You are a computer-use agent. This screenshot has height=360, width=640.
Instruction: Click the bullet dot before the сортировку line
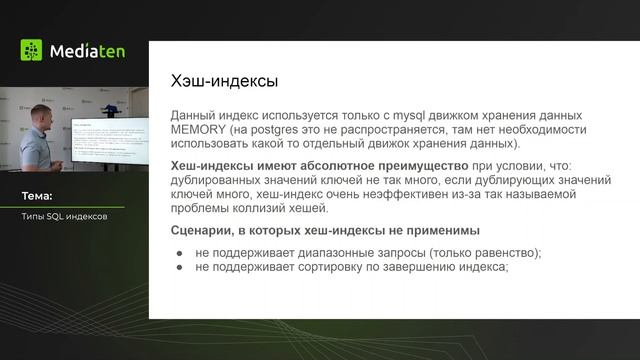(x=180, y=267)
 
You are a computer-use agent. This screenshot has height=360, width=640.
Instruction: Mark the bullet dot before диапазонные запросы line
(x=180, y=253)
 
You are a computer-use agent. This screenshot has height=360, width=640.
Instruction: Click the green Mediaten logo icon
(x=31, y=50)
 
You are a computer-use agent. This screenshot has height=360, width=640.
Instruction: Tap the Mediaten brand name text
(x=86, y=51)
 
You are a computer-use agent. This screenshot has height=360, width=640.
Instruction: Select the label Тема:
(x=37, y=196)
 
